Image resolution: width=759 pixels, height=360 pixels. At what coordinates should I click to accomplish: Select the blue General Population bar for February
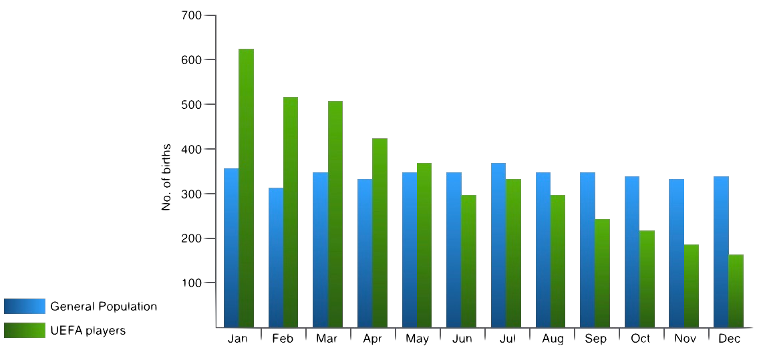(275, 258)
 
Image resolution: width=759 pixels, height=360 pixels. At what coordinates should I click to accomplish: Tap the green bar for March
(335, 214)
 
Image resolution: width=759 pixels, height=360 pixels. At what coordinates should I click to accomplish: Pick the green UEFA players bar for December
(736, 291)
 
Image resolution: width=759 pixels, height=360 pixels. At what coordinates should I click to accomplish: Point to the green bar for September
(602, 273)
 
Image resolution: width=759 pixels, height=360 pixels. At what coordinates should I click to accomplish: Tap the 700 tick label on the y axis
(191, 15)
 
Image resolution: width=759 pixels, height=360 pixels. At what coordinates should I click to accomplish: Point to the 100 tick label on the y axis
(191, 283)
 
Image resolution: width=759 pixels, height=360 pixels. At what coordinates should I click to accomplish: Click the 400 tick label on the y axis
(191, 149)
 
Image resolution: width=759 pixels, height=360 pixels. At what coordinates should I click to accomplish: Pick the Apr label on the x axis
(372, 339)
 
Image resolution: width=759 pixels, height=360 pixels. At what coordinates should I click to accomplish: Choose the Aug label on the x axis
(553, 339)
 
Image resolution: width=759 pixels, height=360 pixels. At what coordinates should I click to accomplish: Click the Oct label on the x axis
(640, 339)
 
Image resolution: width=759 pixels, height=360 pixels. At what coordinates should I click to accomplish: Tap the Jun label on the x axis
(462, 339)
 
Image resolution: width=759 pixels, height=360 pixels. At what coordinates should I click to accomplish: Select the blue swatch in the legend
(25, 307)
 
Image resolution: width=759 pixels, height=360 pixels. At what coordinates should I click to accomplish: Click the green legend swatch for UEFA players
(25, 330)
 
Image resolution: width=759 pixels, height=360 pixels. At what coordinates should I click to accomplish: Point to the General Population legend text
(104, 307)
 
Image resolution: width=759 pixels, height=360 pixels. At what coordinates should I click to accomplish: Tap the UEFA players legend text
(88, 330)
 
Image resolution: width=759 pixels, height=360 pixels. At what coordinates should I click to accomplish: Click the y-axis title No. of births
(166, 177)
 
